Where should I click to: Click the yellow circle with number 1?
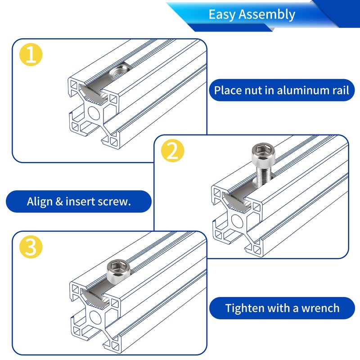(31, 54)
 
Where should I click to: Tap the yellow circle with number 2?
(173, 151)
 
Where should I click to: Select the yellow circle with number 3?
(31, 247)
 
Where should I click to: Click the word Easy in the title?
(222, 15)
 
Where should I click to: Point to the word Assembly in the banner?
(267, 15)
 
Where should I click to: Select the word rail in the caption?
(341, 90)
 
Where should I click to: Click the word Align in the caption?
(40, 202)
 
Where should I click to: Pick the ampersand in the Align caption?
(59, 202)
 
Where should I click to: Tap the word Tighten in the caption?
(245, 308)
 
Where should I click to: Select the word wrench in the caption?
(320, 308)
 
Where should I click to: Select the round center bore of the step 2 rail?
(237, 221)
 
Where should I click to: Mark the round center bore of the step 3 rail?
(95, 317)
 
